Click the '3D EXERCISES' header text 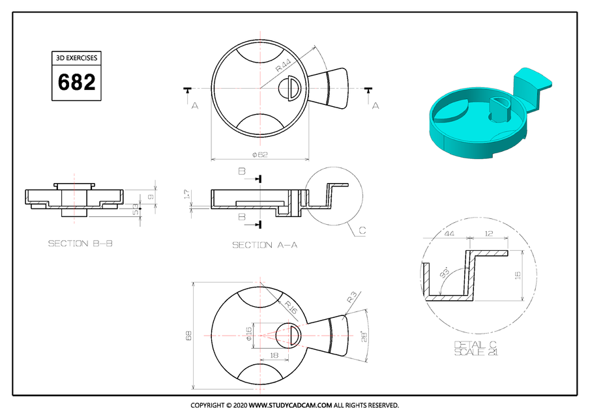pos(76,58)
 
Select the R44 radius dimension pos(284,65)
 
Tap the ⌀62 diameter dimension pos(259,154)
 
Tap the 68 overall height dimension pos(189,335)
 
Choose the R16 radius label pos(290,307)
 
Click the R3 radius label pos(351,298)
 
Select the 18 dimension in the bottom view pos(273,356)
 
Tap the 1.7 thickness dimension pos(186,194)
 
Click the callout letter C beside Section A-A pos(362,230)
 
